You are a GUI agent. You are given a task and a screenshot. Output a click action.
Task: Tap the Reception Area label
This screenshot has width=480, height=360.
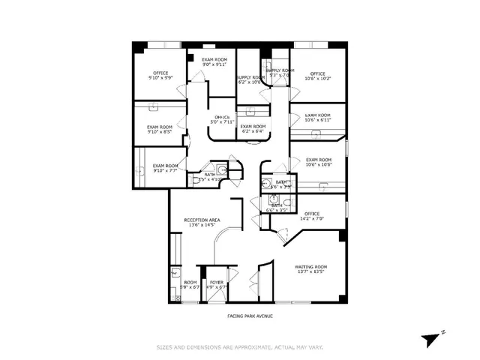pyautogui.click(x=202, y=222)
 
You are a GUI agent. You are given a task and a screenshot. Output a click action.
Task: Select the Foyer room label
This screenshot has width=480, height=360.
pyautogui.click(x=217, y=284)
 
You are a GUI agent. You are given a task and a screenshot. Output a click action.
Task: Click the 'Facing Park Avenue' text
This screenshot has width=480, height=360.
pyautogui.click(x=250, y=316)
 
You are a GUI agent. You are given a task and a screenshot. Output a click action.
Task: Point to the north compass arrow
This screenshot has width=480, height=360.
pyautogui.click(x=431, y=338)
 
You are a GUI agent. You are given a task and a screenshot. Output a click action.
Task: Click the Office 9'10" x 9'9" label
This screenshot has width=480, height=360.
pyautogui.click(x=160, y=75)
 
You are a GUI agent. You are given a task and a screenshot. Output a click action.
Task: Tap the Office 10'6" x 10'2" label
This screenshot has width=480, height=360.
pyautogui.click(x=318, y=75)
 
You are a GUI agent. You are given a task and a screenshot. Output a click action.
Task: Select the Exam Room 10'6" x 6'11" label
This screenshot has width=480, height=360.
pyautogui.click(x=318, y=118)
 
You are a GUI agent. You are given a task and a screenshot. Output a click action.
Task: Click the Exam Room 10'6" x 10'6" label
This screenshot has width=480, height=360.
pyautogui.click(x=318, y=162)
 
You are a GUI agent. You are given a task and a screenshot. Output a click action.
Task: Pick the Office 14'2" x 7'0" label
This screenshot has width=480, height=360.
pyautogui.click(x=312, y=216)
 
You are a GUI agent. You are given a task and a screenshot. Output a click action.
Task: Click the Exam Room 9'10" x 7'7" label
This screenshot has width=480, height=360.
pyautogui.click(x=166, y=168)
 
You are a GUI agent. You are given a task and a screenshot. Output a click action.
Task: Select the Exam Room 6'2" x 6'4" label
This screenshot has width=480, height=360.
pyautogui.click(x=253, y=129)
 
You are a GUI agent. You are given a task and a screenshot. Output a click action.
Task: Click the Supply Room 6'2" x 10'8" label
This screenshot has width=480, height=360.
pyautogui.click(x=250, y=79)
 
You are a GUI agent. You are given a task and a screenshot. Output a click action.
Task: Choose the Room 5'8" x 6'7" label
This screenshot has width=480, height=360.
pyautogui.click(x=190, y=284)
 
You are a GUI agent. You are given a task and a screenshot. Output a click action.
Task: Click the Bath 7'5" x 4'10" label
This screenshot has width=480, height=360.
pyautogui.click(x=207, y=177)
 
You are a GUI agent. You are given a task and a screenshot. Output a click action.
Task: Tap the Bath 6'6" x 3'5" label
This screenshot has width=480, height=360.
pyautogui.click(x=276, y=208)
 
